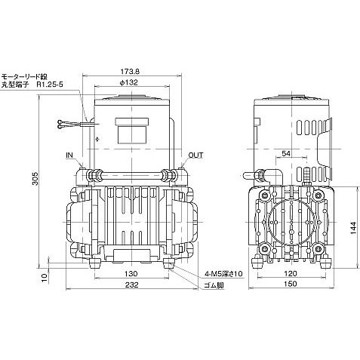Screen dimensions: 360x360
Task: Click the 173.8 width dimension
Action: tap(130, 72)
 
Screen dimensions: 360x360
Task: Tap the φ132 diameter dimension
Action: tap(129, 82)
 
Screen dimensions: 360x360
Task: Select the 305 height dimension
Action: tap(35, 179)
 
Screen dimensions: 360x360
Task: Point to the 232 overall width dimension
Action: tap(132, 285)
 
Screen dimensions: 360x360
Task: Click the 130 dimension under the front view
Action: tap(131, 274)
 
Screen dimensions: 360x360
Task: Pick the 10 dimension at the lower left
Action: tap(44, 278)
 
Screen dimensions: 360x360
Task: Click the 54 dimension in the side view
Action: tap(286, 153)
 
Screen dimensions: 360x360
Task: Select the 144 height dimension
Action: tap(353, 228)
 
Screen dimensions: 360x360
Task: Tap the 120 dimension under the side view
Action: tap(291, 273)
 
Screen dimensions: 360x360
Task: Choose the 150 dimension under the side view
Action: tap(291, 284)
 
